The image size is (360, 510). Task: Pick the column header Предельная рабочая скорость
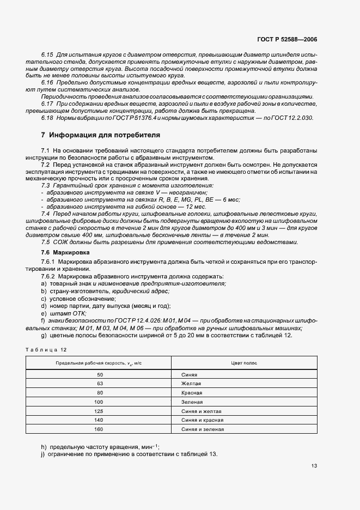pyautogui.click(x=99, y=363)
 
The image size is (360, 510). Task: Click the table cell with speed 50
pyautogui.click(x=100, y=375)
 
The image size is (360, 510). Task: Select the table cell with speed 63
pyautogui.click(x=100, y=384)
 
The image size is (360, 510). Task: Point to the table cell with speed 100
pyautogui.click(x=100, y=402)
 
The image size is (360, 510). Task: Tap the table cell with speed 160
pyautogui.click(x=100, y=429)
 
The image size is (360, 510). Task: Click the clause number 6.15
pyautogui.click(x=47, y=56)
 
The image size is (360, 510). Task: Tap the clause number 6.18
pyautogui.click(x=47, y=117)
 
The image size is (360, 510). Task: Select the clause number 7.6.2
pyautogui.click(x=49, y=277)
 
